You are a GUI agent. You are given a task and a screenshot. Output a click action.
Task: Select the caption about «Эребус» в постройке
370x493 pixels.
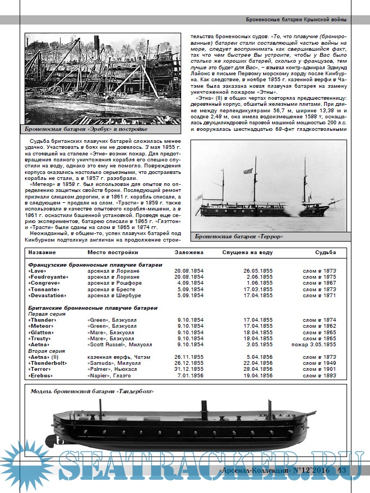[86, 129]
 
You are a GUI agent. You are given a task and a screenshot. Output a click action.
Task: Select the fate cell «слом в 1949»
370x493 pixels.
[320, 363]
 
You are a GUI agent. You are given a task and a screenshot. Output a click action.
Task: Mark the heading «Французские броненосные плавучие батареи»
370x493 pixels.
[95, 264]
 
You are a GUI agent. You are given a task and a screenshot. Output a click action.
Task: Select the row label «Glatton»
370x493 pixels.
[41, 332]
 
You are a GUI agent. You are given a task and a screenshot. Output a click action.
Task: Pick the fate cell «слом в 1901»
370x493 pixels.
[320, 369]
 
